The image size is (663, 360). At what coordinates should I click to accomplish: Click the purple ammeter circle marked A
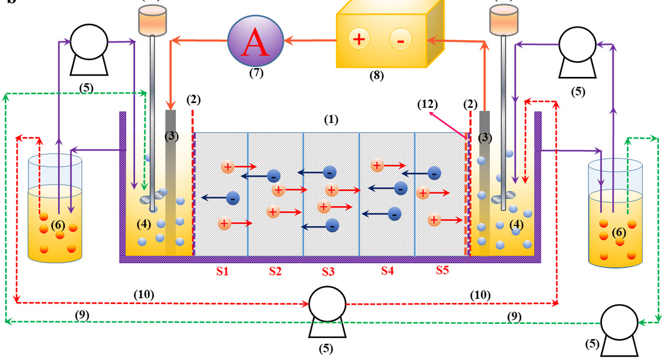pos(255,42)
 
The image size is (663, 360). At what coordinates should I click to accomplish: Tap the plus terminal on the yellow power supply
pos(359,40)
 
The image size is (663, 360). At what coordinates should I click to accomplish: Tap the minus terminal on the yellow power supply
pos(400,40)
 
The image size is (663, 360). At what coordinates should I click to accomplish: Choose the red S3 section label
pos(329,271)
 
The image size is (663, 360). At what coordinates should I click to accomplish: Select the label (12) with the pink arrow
pos(426,105)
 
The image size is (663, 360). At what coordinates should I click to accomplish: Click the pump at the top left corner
pos(89,48)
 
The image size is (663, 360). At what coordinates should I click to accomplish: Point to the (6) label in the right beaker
pos(618,232)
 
